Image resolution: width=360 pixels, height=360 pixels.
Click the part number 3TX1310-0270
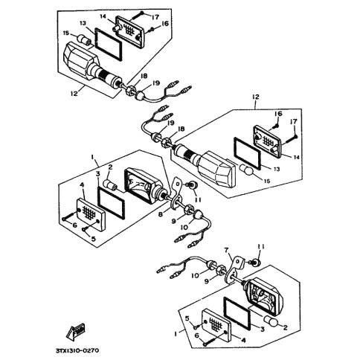coord(77,350)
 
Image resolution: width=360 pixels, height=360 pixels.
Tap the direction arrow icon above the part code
coord(76,331)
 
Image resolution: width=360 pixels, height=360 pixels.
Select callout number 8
coord(161,214)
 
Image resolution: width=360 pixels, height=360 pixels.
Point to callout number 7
coord(226,251)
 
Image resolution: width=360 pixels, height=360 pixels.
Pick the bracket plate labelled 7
coord(234,269)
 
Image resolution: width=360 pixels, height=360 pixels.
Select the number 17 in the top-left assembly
coord(155,17)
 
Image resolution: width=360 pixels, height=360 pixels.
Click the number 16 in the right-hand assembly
coord(278,114)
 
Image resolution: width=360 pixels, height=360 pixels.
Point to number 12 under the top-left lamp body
coord(74,93)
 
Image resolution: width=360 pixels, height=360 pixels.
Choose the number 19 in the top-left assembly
coord(157,83)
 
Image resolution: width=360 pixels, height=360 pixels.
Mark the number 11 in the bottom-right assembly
coord(261,247)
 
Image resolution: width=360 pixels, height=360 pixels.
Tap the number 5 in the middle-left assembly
coord(94,239)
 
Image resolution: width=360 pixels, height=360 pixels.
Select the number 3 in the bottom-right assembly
coord(263,330)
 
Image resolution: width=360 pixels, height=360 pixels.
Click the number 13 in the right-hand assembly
coord(277,169)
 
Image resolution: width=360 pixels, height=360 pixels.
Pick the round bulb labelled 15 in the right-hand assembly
coord(246,170)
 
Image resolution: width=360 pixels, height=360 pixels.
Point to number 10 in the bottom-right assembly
coord(196,275)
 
